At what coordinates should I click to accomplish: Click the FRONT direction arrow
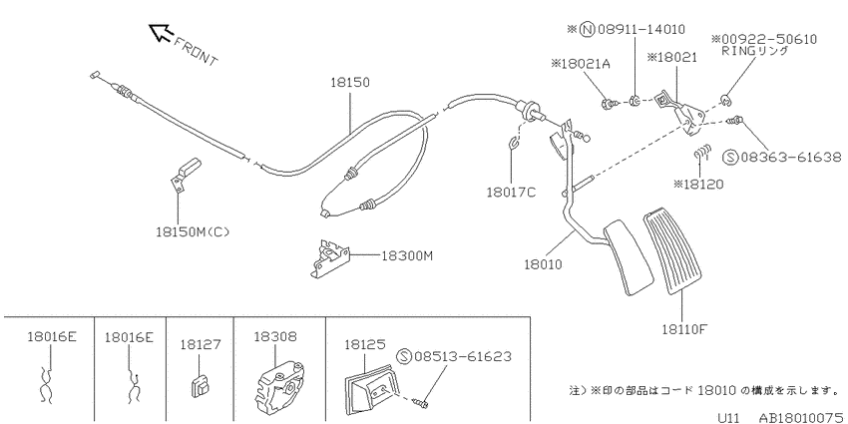click(x=160, y=32)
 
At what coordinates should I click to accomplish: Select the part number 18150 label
click(x=350, y=83)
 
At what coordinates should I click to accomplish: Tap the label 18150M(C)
click(x=194, y=232)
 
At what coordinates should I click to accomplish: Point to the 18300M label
click(x=407, y=255)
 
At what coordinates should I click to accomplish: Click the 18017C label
click(x=511, y=192)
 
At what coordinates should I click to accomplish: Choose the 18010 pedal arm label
click(x=543, y=265)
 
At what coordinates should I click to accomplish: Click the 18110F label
click(x=685, y=329)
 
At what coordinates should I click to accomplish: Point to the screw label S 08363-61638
click(x=782, y=158)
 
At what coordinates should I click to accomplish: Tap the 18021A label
click(x=581, y=64)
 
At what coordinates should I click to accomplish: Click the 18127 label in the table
click(x=201, y=344)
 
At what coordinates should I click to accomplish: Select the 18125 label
click(x=364, y=343)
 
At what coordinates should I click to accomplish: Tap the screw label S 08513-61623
click(x=454, y=356)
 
